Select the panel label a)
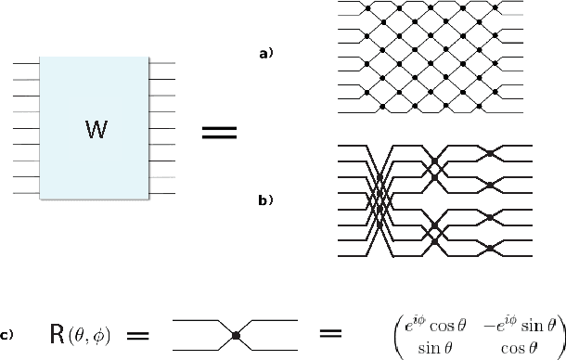(265, 55)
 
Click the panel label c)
(7, 334)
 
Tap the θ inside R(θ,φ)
(77, 335)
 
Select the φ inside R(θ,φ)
(93, 335)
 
